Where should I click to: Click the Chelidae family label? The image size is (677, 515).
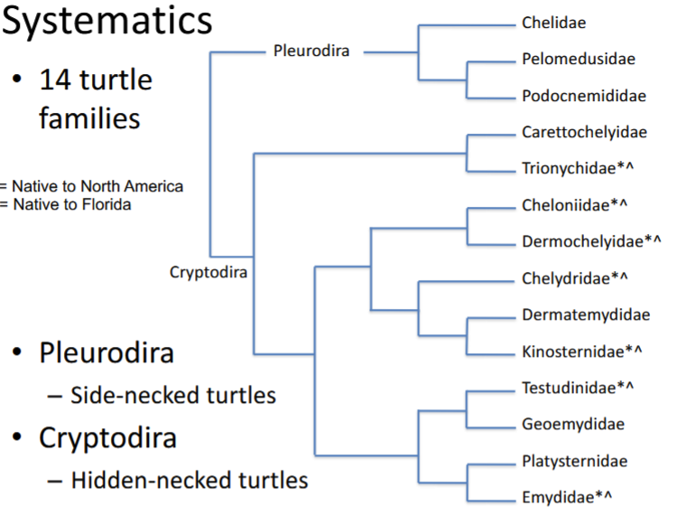coord(553,23)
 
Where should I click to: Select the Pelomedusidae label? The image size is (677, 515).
coord(578,60)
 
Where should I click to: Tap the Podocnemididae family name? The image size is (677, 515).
coord(584,96)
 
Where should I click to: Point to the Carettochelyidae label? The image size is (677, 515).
coord(584,132)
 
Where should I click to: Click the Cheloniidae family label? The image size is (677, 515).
coord(574,205)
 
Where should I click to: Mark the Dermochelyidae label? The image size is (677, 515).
coord(592,241)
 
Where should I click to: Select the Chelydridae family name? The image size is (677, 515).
coord(574,278)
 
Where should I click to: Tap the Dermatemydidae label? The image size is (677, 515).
coord(586,314)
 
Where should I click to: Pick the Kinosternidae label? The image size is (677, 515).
coord(581,351)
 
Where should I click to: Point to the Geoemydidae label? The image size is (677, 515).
coord(573,424)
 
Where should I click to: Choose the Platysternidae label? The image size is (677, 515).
coord(574,461)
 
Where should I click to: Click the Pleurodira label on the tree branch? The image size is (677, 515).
coord(311,50)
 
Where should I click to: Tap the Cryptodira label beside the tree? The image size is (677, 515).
coord(209,271)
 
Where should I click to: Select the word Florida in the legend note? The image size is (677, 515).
coord(105,204)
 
